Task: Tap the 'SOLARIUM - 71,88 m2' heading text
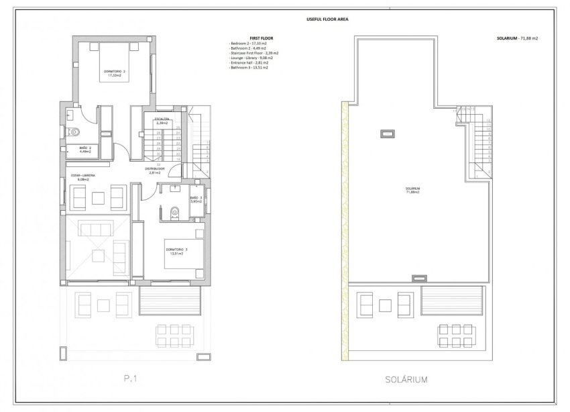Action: pyautogui.click(x=515, y=39)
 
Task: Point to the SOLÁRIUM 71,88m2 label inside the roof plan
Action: pyautogui.click(x=414, y=191)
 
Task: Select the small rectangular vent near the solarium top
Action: pyautogui.click(x=387, y=134)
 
